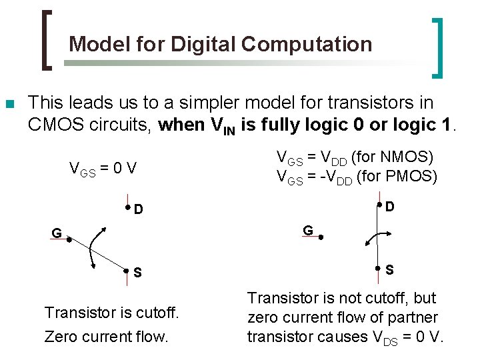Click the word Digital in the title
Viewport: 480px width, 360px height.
click(204, 44)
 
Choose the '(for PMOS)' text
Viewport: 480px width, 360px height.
click(397, 177)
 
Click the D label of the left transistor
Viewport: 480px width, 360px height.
click(138, 210)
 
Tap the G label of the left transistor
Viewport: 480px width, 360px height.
click(57, 233)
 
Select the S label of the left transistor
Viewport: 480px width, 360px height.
click(137, 272)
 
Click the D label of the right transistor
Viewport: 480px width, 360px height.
click(389, 207)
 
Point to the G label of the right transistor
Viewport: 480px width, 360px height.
click(308, 230)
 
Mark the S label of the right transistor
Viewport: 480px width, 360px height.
click(389, 270)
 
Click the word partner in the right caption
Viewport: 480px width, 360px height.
click(415, 317)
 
